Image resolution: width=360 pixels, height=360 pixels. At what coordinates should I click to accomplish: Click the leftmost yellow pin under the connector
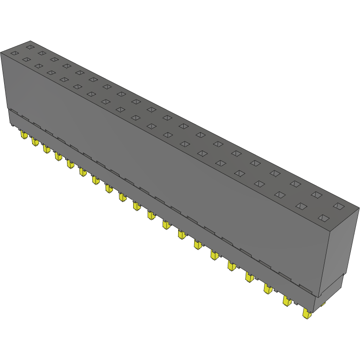pyautogui.click(x=22, y=134)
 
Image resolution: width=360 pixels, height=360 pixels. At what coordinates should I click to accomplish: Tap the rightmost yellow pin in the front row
pyautogui.click(x=306, y=314)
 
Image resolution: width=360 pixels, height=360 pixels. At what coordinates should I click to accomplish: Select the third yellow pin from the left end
pyautogui.click(x=46, y=149)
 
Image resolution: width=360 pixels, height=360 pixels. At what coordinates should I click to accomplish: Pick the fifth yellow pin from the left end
pyautogui.click(x=70, y=164)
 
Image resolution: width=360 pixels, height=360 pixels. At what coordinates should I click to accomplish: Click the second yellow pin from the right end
pyautogui.click(x=287, y=301)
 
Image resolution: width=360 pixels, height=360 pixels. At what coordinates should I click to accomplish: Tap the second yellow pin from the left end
pyautogui.click(x=34, y=141)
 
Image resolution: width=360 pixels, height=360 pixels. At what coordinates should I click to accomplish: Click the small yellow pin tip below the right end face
pyautogui.click(x=323, y=304)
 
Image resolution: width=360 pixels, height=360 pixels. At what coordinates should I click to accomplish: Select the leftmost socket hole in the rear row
pyautogui.click(x=30, y=46)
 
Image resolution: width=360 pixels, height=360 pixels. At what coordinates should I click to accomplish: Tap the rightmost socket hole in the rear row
pyautogui.click(x=338, y=206)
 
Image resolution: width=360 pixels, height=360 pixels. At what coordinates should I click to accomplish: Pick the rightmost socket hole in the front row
pyautogui.click(x=324, y=218)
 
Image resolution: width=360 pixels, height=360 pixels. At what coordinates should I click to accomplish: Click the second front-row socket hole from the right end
pyautogui.click(x=301, y=206)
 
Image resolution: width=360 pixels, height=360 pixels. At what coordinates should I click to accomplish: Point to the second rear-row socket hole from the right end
pyautogui.click(x=316, y=195)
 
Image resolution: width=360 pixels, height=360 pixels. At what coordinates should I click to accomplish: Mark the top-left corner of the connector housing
pyautogui.click(x=1, y=52)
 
